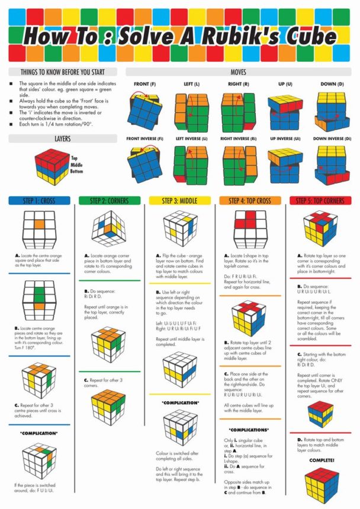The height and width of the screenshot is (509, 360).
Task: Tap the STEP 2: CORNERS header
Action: pos(110,201)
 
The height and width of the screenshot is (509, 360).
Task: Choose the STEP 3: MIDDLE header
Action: pos(180,201)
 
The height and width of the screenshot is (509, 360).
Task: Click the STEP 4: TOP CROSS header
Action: pos(250,201)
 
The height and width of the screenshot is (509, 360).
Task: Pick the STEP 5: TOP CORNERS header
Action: pos(320,201)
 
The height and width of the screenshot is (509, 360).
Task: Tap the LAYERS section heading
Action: pos(62,139)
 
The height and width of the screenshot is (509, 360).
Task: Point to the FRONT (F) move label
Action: pos(144,84)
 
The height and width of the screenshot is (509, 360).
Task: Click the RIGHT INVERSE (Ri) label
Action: pos(238,139)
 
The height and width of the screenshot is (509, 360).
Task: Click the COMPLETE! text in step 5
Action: pos(320,460)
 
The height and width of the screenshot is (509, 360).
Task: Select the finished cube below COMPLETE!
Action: pos(320,484)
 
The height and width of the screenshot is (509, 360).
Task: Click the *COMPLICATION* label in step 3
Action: pos(180,403)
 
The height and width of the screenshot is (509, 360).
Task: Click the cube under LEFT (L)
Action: pos(191,111)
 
